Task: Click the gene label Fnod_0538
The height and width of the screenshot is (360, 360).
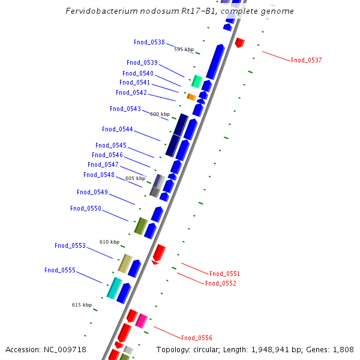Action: point(149,42)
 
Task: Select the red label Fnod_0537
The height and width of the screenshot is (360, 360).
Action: point(306,60)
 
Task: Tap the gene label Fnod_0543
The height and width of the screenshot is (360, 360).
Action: point(125,109)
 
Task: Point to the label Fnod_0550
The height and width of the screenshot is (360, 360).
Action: point(86,208)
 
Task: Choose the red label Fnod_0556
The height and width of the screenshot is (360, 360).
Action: point(196,338)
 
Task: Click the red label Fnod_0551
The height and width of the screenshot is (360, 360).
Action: point(224,274)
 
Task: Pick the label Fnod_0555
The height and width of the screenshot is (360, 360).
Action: point(60,270)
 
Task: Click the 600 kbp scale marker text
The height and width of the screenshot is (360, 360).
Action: point(160,114)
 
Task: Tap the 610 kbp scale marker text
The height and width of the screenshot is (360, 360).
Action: point(109,242)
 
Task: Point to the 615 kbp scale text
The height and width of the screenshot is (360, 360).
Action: point(82,305)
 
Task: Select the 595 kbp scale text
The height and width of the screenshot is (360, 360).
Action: point(184,49)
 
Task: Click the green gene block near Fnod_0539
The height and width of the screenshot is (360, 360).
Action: point(196,81)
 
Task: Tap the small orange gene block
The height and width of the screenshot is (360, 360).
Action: point(191,97)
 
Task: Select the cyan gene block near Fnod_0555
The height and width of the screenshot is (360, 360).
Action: point(114,287)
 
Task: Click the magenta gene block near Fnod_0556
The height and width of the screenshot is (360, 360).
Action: point(142,320)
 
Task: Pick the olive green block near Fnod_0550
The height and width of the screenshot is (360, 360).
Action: point(141,226)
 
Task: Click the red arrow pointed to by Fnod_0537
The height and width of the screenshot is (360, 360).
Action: point(239,43)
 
